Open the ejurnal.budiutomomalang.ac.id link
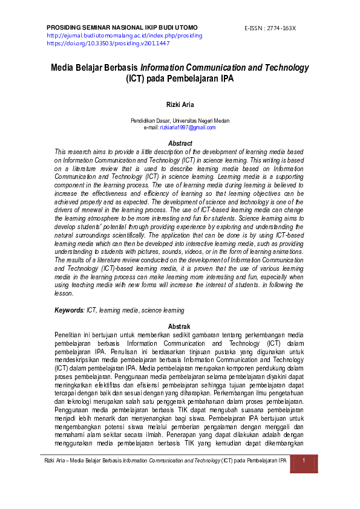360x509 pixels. (x=124, y=36)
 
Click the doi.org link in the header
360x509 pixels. (x=108, y=43)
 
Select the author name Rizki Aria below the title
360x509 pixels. (x=180, y=105)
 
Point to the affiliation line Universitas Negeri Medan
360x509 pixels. (x=180, y=121)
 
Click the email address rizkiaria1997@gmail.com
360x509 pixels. (x=188, y=128)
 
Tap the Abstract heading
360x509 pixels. (x=180, y=143)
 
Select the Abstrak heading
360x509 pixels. (x=180, y=326)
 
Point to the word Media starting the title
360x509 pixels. (x=63, y=68)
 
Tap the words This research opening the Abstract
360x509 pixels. (x=74, y=151)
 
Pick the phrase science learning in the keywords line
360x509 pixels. (x=163, y=311)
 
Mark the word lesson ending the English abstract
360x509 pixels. (x=64, y=294)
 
